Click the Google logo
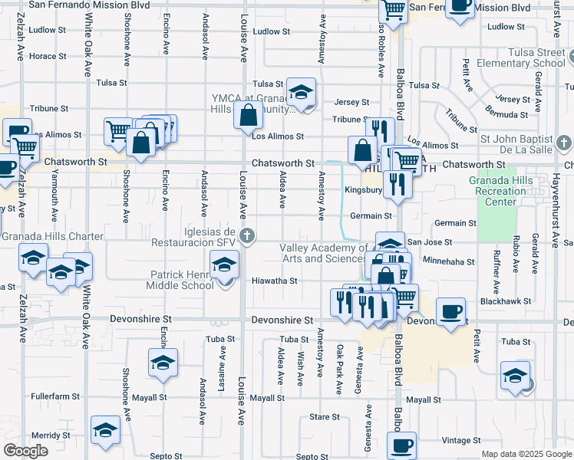click(25, 451)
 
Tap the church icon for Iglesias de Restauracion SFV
click(247, 235)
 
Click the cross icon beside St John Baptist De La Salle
click(563, 143)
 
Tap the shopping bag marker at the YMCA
click(249, 117)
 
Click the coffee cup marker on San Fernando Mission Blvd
click(460, 5)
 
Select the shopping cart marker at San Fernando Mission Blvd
click(394, 10)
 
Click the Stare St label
click(324, 417)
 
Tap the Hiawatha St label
click(274, 281)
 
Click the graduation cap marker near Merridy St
click(105, 430)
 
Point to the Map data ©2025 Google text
click(526, 453)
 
